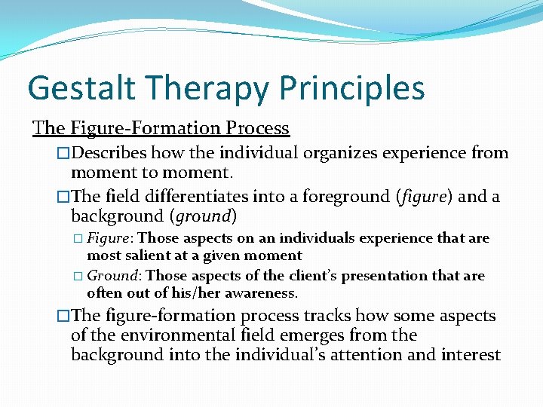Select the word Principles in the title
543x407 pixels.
coord(351,87)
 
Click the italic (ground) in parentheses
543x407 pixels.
coord(202,217)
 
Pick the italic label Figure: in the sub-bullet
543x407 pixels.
coord(110,238)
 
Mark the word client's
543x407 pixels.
coord(295,276)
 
